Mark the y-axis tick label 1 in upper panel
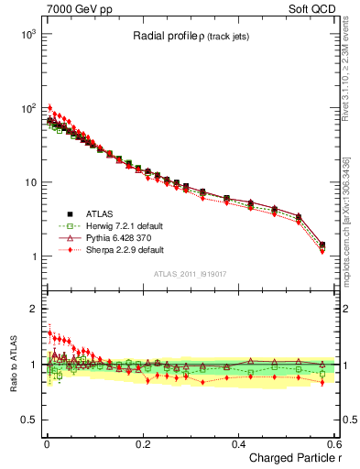point(34,256)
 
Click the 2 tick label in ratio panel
point(34,309)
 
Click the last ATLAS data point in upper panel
point(322,245)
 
